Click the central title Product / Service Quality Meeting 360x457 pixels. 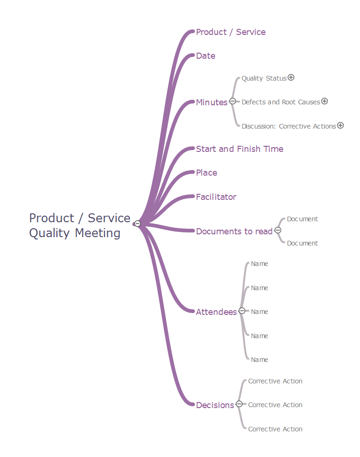(79, 225)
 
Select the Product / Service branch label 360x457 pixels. (231, 32)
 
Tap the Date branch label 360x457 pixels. (206, 56)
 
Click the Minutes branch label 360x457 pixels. (211, 102)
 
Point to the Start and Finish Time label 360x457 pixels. (240, 149)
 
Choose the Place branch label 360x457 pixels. (207, 173)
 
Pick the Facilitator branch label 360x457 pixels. (216, 197)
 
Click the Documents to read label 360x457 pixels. (234, 232)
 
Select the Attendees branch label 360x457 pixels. (216, 312)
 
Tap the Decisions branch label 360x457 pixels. (215, 405)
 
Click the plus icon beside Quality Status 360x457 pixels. (291, 78)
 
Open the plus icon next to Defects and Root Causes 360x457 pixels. (325, 101)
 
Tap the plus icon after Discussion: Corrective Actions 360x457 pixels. (340, 125)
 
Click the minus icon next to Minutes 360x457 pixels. (233, 102)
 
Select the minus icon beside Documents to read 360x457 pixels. (278, 230)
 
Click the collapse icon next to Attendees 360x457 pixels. (242, 311)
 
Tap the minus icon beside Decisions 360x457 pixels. (239, 404)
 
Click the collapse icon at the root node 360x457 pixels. (138, 224)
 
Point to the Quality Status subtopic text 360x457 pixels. (264, 78)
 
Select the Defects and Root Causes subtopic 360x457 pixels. (281, 102)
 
